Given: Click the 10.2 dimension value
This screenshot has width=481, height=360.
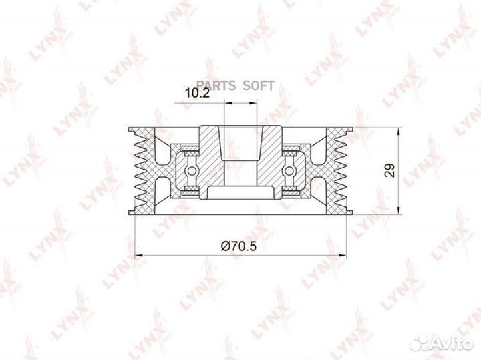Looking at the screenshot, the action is (198, 93).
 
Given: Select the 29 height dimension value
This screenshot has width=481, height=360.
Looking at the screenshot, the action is (390, 170).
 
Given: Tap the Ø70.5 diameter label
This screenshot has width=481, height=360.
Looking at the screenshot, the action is (238, 246).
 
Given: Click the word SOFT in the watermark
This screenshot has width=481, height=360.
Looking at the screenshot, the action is (259, 86).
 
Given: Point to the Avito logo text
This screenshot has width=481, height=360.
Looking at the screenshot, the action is (456, 344).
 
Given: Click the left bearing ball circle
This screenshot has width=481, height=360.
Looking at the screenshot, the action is (192, 170).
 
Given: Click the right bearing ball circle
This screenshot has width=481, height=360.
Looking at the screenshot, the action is (290, 170).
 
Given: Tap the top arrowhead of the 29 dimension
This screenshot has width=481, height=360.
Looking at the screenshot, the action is (398, 132).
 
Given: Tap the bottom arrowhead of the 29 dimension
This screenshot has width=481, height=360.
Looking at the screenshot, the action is (398, 210).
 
